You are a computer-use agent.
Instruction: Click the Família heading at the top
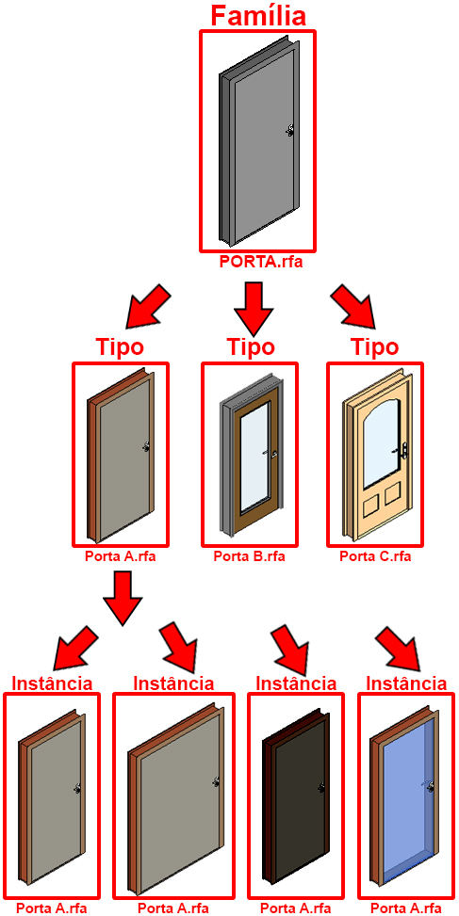pyautogui.click(x=258, y=15)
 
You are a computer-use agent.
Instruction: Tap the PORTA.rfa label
pyautogui.click(x=261, y=261)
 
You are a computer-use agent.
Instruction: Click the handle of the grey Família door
pyautogui.click(x=290, y=132)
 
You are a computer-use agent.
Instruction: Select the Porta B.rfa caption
pyautogui.click(x=249, y=555)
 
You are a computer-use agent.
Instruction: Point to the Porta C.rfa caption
pyautogui.click(x=375, y=555)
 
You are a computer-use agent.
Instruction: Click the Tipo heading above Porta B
pyautogui.click(x=250, y=347)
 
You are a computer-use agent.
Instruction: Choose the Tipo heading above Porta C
pyautogui.click(x=375, y=347)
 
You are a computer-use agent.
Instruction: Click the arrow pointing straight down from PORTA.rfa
pyautogui.click(x=252, y=307)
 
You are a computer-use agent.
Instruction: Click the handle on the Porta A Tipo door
pyautogui.click(x=146, y=447)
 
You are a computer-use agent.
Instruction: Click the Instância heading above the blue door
pyautogui.click(x=406, y=683)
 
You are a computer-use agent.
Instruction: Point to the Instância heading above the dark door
pyautogui.click(x=297, y=683)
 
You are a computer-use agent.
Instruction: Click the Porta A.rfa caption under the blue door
pyautogui.click(x=406, y=908)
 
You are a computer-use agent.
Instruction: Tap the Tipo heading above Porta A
pyautogui.click(x=120, y=347)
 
